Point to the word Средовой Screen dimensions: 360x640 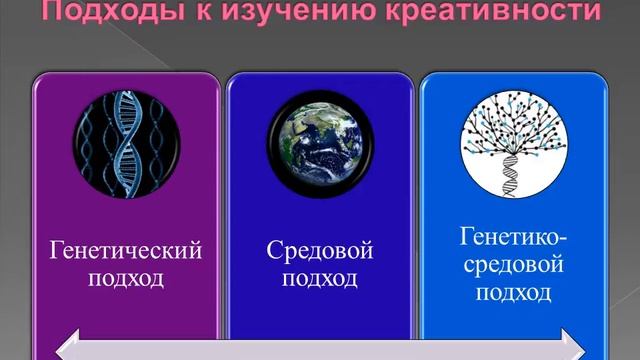[321, 250]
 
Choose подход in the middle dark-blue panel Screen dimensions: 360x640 [321, 277]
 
